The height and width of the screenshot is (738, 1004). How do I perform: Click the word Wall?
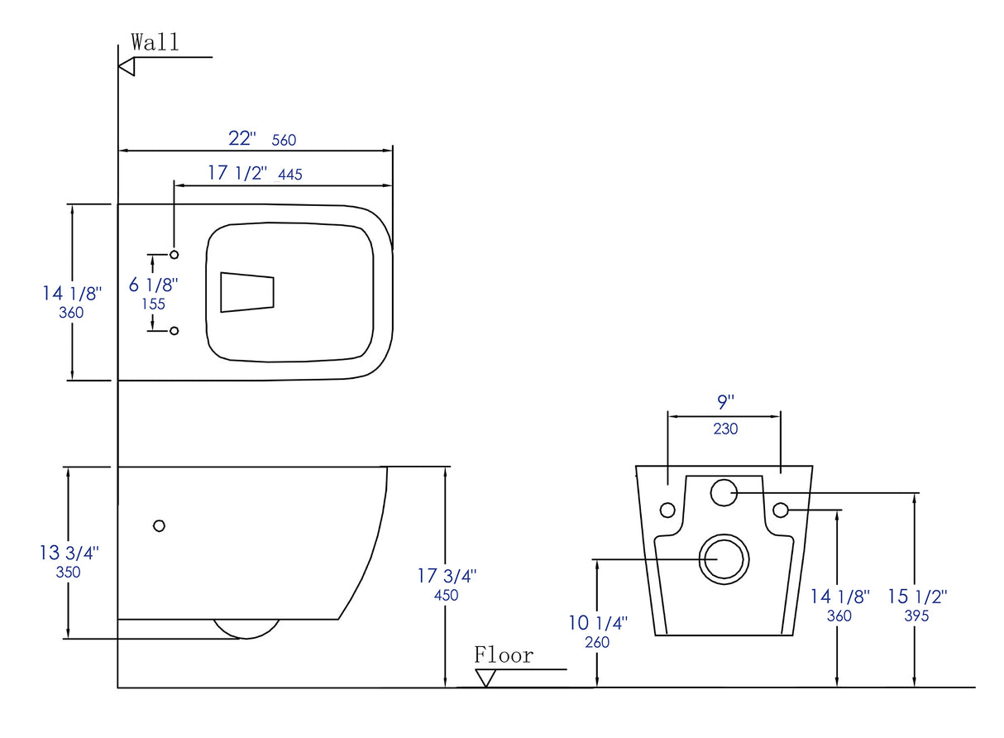pyautogui.click(x=155, y=42)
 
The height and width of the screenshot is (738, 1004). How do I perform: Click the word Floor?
pyautogui.click(x=504, y=656)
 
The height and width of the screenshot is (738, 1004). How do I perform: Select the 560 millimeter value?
pyautogui.click(x=284, y=141)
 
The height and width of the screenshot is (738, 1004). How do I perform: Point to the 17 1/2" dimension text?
pyautogui.click(x=237, y=173)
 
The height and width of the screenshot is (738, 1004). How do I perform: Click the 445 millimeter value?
pyautogui.click(x=291, y=175)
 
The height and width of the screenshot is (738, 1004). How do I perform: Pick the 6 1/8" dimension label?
pyautogui.click(x=154, y=285)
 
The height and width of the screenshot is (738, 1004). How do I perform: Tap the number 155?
pyautogui.click(x=153, y=304)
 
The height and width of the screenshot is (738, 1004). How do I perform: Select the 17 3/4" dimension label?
pyautogui.click(x=447, y=577)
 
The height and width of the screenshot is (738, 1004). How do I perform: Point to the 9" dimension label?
pyautogui.click(x=725, y=403)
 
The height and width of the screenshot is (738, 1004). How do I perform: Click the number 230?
pyautogui.click(x=725, y=429)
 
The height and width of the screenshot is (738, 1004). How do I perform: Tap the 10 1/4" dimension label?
pyautogui.click(x=598, y=623)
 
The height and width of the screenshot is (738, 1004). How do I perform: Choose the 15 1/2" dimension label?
pyautogui.click(x=917, y=597)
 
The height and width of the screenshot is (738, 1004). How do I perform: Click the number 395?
pyautogui.click(x=916, y=616)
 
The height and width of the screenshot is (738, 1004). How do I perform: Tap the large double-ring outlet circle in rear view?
pyautogui.click(x=724, y=558)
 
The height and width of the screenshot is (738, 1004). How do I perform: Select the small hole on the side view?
pyautogui.click(x=160, y=525)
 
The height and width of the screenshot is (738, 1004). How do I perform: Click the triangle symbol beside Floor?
pyautogui.click(x=486, y=678)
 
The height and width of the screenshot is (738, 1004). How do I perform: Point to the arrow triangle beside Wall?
pyautogui.click(x=127, y=67)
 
